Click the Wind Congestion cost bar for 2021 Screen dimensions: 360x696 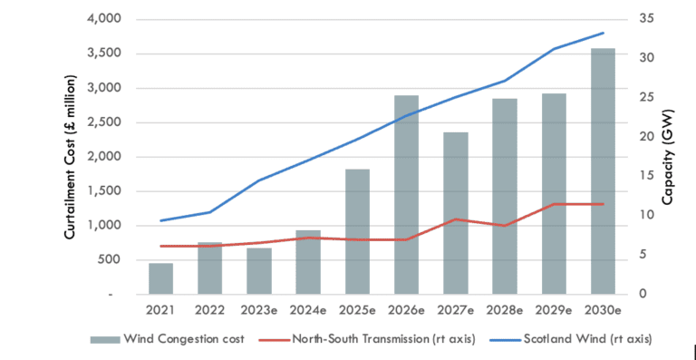(161, 278)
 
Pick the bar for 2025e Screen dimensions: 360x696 (357, 231)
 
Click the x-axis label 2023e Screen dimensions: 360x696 (259, 311)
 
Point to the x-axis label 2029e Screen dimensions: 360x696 (554, 311)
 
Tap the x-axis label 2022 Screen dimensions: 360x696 (210, 311)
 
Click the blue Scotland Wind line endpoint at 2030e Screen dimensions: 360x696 (603, 34)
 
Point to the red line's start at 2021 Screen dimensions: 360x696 (161, 246)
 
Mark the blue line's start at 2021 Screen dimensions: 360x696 (161, 220)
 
